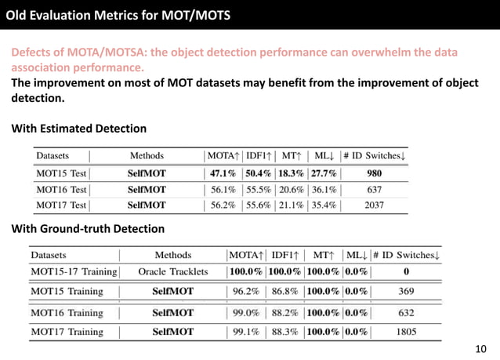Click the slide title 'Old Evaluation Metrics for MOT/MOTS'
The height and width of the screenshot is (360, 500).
(118, 13)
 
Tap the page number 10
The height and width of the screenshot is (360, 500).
(481, 349)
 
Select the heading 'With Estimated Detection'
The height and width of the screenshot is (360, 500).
(78, 128)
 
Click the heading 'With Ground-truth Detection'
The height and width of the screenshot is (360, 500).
(87, 229)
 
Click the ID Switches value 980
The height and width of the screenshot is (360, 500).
(374, 173)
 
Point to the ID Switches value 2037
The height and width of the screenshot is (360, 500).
(374, 205)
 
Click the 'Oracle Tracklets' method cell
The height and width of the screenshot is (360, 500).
(173, 272)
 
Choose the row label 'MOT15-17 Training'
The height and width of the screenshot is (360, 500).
(74, 272)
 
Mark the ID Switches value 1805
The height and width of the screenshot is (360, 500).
(406, 332)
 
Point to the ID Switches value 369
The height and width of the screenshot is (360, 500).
(406, 292)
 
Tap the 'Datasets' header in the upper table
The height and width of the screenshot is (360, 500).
(53, 155)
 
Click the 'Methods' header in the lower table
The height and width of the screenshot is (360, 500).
(173, 255)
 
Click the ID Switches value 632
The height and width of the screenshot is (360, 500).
(406, 312)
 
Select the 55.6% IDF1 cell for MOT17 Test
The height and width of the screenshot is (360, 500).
(261, 205)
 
